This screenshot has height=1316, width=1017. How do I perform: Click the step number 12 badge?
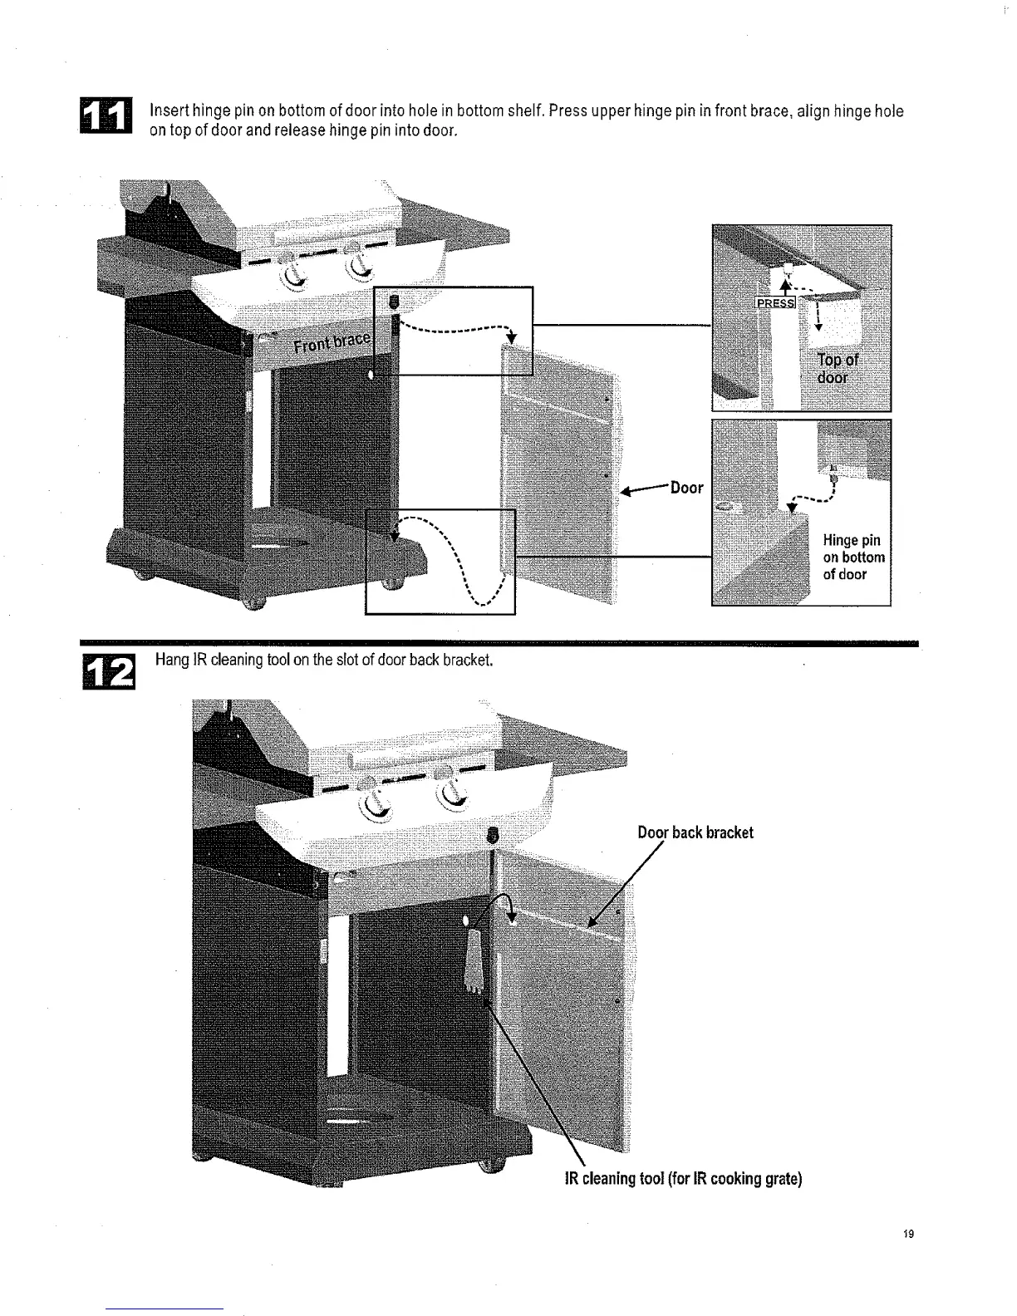click(x=106, y=671)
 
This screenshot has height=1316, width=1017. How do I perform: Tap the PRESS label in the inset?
click(x=774, y=302)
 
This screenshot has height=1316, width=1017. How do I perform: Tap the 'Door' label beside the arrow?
click(x=686, y=488)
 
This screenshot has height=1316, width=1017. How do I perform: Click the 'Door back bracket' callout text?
click(x=695, y=832)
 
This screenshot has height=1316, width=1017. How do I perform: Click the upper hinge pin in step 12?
click(x=493, y=834)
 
